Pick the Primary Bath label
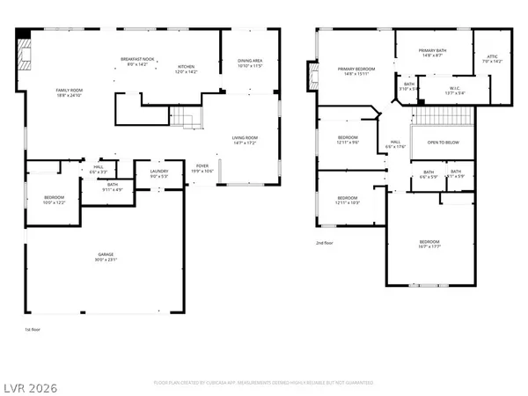coord(432,53)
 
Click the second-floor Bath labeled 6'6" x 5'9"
coord(429,173)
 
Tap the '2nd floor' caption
coord(326,243)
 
